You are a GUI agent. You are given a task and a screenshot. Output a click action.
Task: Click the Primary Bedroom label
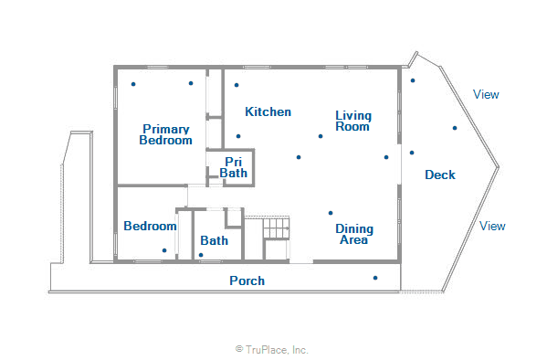(165, 135)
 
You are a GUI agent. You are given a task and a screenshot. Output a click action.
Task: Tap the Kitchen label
(268, 112)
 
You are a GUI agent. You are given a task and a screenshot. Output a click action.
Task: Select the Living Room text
(352, 121)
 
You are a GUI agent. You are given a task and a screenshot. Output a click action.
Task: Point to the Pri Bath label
(234, 167)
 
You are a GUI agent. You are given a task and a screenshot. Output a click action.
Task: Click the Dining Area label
(352, 234)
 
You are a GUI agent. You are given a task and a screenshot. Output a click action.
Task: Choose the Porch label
(247, 281)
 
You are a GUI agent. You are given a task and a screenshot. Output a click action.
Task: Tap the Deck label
(440, 175)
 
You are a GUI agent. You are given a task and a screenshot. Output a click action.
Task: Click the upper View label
(486, 94)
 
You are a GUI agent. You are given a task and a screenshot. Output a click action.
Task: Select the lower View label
(492, 226)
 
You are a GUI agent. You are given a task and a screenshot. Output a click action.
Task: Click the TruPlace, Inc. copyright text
(272, 349)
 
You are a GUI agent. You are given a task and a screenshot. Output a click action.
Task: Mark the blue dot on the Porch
(374, 278)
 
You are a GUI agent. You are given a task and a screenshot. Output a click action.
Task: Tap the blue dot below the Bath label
(201, 255)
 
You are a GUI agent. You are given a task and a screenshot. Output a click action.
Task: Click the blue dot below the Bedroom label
(164, 250)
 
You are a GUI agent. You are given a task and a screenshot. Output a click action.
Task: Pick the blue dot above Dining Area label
(331, 214)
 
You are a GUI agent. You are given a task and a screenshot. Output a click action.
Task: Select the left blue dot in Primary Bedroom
(133, 85)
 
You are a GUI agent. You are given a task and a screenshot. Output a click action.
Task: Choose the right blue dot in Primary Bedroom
(191, 83)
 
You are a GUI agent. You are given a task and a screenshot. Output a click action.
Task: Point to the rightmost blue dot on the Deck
(454, 128)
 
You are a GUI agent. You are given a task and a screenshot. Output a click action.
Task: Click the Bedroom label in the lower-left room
(150, 227)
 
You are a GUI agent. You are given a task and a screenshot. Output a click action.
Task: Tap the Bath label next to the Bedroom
(215, 241)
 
